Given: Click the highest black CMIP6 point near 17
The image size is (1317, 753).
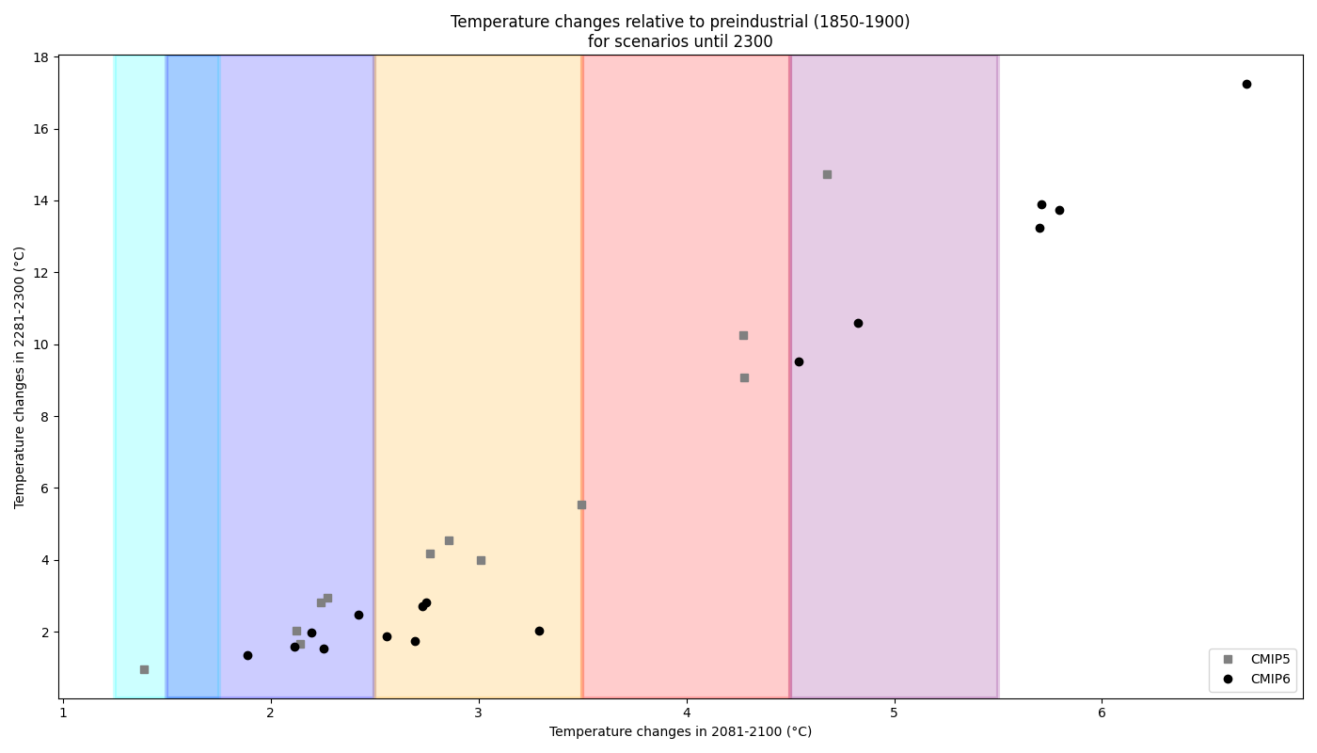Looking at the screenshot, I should point(1246,84).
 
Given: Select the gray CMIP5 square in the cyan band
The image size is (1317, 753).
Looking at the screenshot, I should point(144,669).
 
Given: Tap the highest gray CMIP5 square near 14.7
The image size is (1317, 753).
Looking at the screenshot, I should point(827,174).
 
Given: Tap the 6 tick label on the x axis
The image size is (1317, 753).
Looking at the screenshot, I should point(1102,712).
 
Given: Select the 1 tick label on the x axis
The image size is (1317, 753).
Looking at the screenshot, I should point(63,712).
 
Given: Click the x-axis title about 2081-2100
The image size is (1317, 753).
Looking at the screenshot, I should point(680,731).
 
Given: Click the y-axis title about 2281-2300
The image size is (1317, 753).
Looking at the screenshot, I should point(20,376).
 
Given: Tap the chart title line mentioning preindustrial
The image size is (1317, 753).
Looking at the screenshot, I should point(680,22).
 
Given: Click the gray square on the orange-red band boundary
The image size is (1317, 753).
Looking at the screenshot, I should point(581,505).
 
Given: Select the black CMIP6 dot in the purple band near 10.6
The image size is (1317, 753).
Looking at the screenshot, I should point(858,323).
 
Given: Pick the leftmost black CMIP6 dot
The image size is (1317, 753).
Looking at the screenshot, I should point(247,655).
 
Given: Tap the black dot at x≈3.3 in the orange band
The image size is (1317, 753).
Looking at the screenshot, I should point(539,631).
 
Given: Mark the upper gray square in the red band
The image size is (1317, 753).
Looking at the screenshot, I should point(743,335).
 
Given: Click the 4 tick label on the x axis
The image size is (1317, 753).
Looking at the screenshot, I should point(687,712).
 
